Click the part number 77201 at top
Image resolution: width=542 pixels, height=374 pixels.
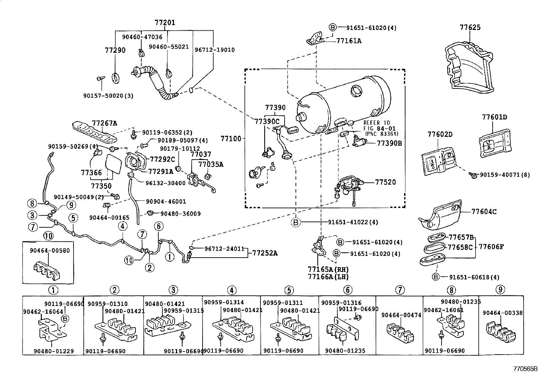[165, 23]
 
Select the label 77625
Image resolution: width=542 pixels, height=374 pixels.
[470, 28]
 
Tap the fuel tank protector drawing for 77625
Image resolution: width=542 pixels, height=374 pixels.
[470, 68]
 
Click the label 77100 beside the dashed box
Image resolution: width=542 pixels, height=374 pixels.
[230, 139]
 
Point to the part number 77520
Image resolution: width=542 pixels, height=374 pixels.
[385, 182]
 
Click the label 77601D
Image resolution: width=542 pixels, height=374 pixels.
[494, 117]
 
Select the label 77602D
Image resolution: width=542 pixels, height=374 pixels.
[440, 134]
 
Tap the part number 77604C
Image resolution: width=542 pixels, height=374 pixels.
[484, 212]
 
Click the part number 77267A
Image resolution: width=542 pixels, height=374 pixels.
[104, 123]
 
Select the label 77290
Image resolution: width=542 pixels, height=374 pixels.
[115, 50]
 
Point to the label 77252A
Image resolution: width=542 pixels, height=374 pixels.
[265, 253]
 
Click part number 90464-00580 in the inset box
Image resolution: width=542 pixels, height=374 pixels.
[49, 251]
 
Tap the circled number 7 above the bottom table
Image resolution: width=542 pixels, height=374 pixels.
[400, 290]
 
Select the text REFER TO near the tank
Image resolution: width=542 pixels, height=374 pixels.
[377, 123]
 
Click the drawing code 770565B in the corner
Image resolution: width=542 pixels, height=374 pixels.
[525, 369]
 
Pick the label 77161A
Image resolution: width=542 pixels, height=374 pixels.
[349, 41]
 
